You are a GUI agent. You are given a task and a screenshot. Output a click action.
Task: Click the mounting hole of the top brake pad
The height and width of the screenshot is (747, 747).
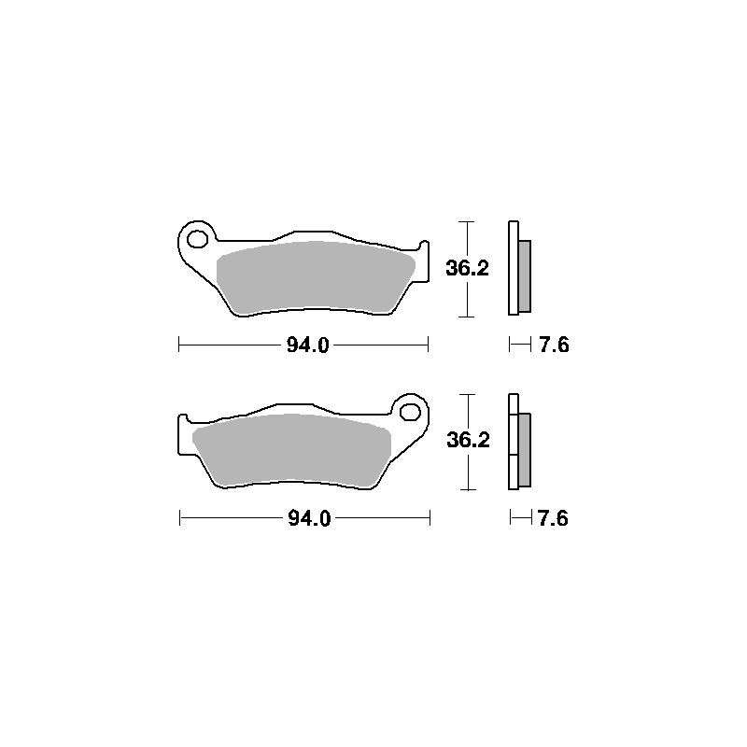[197, 239]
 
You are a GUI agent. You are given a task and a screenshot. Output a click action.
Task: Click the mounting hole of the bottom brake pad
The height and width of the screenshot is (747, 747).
[410, 412]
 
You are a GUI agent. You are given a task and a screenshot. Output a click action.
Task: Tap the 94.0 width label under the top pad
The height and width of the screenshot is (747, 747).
[308, 345]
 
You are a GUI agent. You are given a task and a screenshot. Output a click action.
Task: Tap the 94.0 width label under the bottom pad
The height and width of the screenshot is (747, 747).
[309, 518]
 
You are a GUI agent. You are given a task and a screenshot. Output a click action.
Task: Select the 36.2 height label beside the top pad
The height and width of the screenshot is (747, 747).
[468, 268]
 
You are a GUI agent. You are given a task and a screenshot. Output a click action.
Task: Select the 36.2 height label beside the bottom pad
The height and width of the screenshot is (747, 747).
[469, 440]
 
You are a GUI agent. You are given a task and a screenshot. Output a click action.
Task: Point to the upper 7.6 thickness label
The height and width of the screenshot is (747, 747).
[554, 345]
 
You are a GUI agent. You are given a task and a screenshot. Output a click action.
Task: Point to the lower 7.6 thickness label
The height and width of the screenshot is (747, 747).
[553, 518]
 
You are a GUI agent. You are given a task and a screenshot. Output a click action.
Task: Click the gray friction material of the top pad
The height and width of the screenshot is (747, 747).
[315, 277]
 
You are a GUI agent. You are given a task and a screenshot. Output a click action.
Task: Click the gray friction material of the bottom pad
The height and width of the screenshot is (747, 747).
[290, 450]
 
